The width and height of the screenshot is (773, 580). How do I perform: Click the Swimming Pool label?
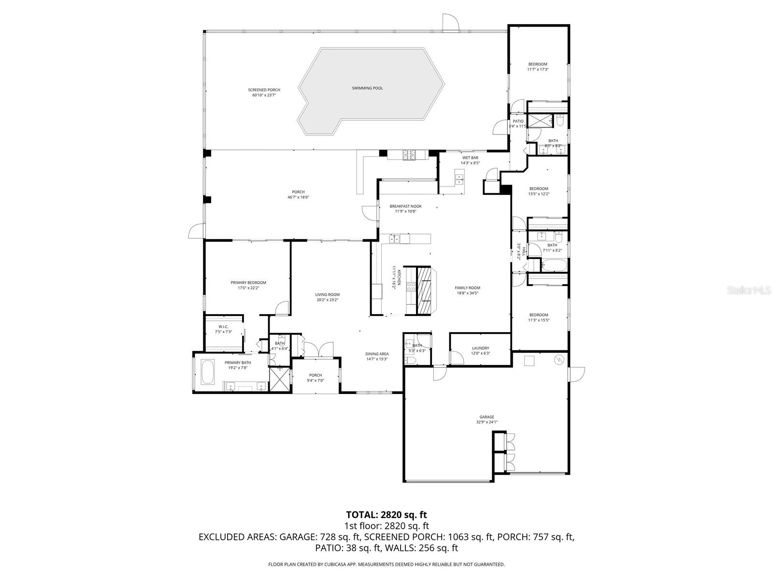(367, 88)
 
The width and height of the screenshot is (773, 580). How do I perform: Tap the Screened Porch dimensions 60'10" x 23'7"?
(264, 95)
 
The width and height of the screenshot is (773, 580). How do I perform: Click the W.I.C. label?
(223, 326)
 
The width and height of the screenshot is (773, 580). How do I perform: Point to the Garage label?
(487, 417)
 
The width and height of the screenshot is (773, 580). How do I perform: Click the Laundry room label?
(480, 348)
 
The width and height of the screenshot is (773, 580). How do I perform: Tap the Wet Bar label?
(470, 158)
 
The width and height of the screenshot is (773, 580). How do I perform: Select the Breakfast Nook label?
(406, 206)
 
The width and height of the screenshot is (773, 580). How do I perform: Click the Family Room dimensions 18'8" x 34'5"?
(467, 293)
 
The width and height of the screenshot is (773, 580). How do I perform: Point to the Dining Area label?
(377, 354)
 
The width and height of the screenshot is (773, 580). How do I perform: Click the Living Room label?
(327, 294)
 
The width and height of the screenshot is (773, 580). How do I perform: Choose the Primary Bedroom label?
(248, 282)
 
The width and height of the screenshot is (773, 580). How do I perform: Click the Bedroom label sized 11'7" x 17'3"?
(538, 64)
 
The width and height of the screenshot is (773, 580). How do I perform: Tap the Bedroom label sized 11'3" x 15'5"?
(538, 315)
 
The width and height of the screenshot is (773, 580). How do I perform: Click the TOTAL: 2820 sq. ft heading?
(386, 515)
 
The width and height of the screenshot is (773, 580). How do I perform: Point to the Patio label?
(518, 121)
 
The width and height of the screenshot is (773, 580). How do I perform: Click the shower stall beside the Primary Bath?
(280, 379)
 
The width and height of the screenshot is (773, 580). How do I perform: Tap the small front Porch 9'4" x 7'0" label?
(315, 375)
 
